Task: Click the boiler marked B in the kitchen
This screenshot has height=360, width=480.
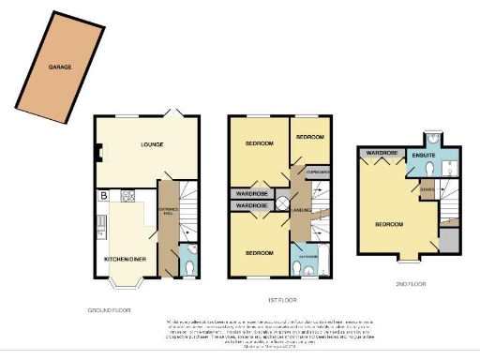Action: click(102, 196)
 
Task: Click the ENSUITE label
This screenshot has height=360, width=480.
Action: click(423, 154)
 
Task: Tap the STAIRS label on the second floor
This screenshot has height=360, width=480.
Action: click(426, 188)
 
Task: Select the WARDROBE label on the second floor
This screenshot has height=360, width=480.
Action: click(382, 152)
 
